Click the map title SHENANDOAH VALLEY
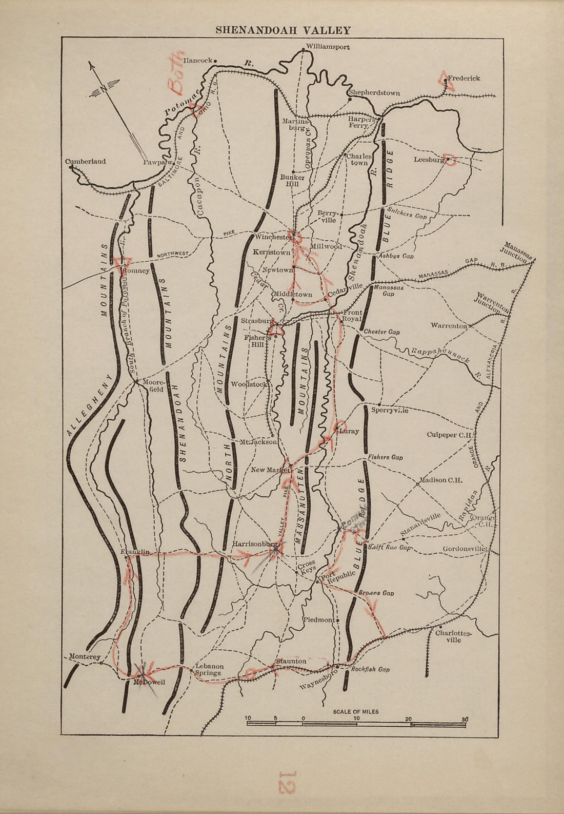click(x=283, y=30)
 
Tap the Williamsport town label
click(x=328, y=47)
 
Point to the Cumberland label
click(x=86, y=161)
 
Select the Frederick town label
click(x=464, y=79)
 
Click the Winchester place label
click(x=272, y=237)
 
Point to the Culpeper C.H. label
click(x=449, y=435)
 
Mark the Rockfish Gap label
click(x=370, y=670)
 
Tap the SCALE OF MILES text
click(x=356, y=712)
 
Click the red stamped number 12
click(x=285, y=782)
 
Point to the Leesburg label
click(x=428, y=160)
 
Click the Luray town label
click(x=349, y=432)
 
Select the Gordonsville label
click(x=464, y=549)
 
